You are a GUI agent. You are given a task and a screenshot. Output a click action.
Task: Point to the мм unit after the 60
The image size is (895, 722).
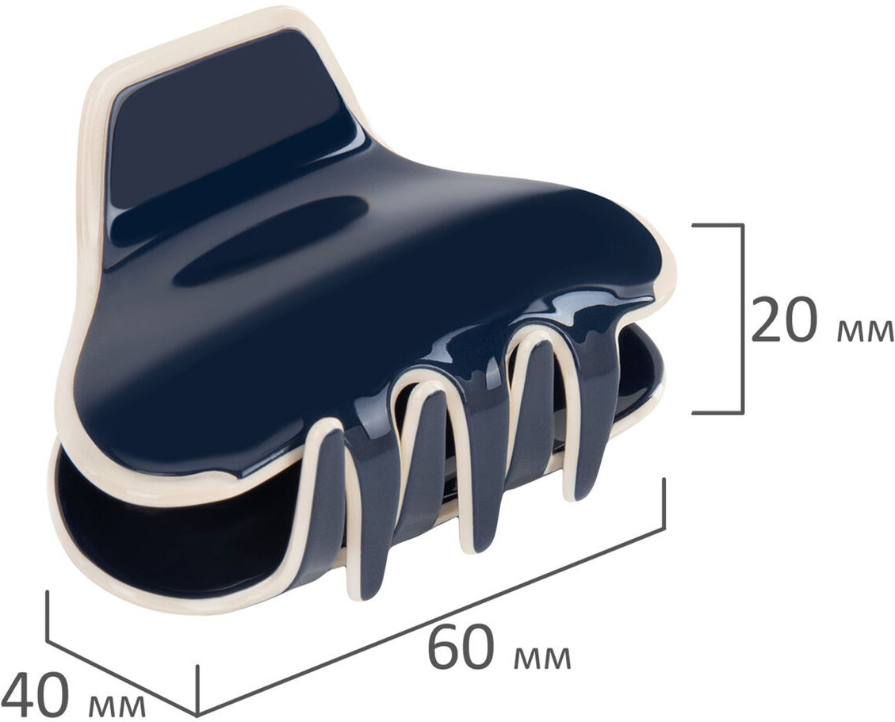click(x=542, y=658)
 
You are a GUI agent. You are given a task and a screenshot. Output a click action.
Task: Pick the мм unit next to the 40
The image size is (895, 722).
click(x=117, y=706)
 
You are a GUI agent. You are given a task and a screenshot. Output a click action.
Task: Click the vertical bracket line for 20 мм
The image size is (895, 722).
click(x=742, y=319)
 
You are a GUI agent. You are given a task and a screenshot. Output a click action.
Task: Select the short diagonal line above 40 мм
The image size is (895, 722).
click(x=121, y=678)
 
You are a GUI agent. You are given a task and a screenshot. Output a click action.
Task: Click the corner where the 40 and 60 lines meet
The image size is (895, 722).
click(x=197, y=714)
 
